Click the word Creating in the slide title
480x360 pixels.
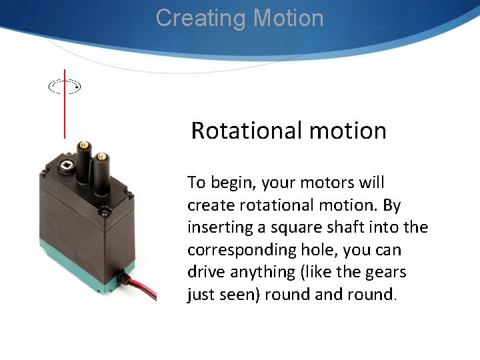pos(194,18)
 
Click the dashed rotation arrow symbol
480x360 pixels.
pos(65,86)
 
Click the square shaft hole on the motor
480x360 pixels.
pos(66,165)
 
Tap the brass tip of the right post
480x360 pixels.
pos(101,157)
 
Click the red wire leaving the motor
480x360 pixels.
pos(143,287)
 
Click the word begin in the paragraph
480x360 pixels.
pos(231,183)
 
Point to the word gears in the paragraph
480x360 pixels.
pos(384,272)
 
